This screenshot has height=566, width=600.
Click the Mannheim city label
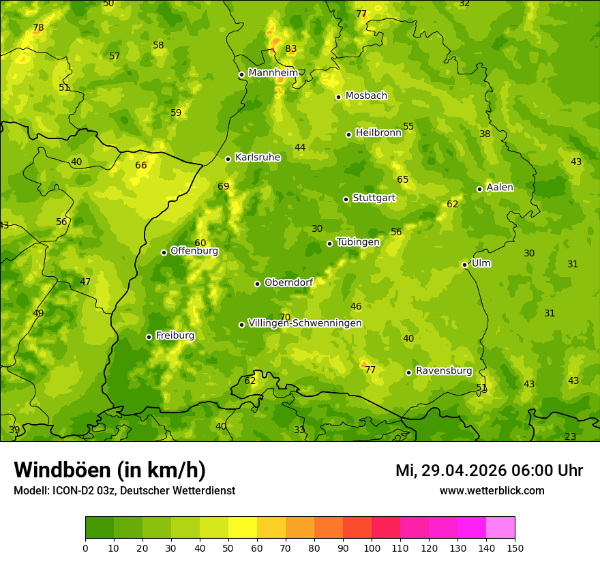click(x=273, y=73)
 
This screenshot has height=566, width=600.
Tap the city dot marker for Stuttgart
click(x=346, y=199)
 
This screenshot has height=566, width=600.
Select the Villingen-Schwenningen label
click(x=305, y=323)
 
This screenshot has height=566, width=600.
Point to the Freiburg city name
click(x=175, y=336)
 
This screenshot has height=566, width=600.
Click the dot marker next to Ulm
click(x=464, y=265)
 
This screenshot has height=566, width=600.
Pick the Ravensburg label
click(x=443, y=371)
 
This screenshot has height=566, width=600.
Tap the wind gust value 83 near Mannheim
click(x=291, y=49)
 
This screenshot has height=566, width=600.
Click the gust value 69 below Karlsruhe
click(x=224, y=186)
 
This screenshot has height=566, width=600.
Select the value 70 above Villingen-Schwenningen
click(x=285, y=317)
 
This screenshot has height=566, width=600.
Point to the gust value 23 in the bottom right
click(x=570, y=436)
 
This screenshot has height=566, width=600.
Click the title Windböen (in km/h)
click(x=110, y=470)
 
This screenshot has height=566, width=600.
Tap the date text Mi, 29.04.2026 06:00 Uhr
click(x=489, y=471)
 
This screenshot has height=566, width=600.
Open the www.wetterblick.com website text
click(x=492, y=490)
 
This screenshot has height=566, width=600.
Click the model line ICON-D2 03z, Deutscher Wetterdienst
click(x=124, y=490)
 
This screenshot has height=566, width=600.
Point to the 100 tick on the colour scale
click(x=372, y=548)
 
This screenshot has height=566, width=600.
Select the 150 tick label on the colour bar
click(x=515, y=548)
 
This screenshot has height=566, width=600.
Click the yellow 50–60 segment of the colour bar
click(x=243, y=528)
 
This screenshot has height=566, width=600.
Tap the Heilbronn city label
click(x=378, y=133)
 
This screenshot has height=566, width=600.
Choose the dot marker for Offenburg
click(x=164, y=252)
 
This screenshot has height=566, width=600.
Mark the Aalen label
click(x=500, y=188)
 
